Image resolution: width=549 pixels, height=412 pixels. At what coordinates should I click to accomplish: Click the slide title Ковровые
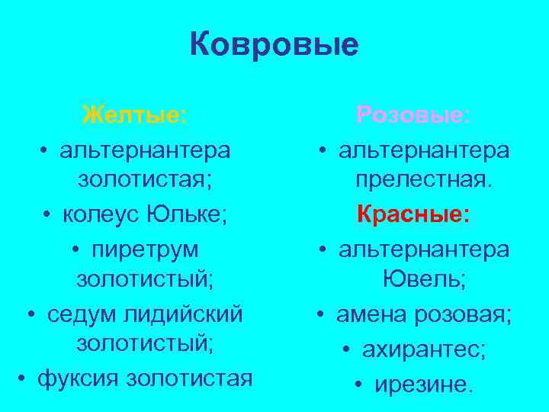(274, 45)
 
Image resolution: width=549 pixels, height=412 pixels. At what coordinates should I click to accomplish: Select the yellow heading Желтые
(134, 116)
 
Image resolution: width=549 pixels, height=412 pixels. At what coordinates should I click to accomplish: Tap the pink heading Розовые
(413, 116)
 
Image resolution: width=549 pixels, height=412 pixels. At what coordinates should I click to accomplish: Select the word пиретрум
(145, 249)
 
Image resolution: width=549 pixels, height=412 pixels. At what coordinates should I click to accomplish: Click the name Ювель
(425, 281)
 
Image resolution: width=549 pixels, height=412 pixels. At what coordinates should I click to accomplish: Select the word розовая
(465, 314)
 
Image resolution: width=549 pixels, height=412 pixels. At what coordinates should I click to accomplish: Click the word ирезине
(424, 384)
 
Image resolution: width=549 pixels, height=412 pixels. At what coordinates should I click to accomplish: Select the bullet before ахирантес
(347, 349)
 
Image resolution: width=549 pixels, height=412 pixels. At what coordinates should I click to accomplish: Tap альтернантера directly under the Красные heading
(424, 249)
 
